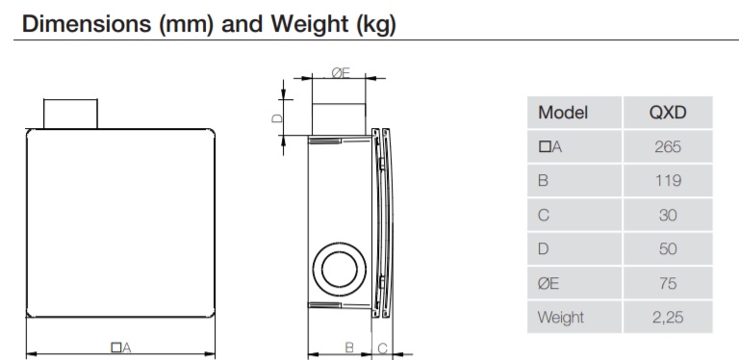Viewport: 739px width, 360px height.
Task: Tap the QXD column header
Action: click(x=668, y=113)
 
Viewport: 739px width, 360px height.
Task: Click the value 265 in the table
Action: click(x=668, y=147)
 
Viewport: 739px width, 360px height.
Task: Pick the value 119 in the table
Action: click(x=668, y=181)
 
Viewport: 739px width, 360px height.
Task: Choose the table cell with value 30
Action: click(x=668, y=215)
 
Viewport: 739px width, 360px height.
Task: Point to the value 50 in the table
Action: click(x=668, y=248)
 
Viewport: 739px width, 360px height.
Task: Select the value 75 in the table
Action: click(x=668, y=283)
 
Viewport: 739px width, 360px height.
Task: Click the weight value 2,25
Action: click(x=668, y=317)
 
